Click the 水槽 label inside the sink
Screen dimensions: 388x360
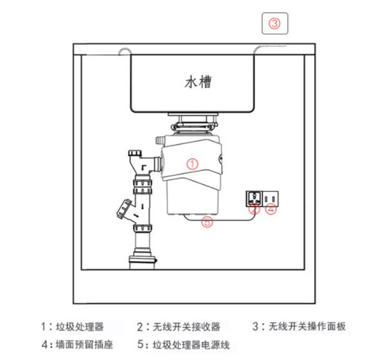pyautogui.click(x=198, y=82)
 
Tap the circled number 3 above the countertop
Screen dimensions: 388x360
pyautogui.click(x=274, y=24)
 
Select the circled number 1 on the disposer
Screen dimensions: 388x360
pyautogui.click(x=193, y=164)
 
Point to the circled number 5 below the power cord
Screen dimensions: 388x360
pyautogui.click(x=207, y=222)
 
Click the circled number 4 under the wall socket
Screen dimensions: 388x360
pyautogui.click(x=271, y=209)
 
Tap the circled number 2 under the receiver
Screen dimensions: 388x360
pyautogui.click(x=254, y=209)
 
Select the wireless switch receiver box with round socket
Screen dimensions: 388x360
pyautogui.click(x=254, y=199)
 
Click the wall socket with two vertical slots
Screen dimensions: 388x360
pyautogui.click(x=270, y=199)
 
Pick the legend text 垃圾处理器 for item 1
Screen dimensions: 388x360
pyautogui.click(x=80, y=327)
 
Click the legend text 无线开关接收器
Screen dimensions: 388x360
pyautogui.click(x=186, y=327)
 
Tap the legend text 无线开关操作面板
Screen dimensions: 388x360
pyautogui.click(x=307, y=326)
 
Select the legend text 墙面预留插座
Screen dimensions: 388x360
pyautogui.click(x=85, y=345)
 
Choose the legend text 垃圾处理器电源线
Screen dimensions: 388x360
pyautogui.click(x=191, y=345)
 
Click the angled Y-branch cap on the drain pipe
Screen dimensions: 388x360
pyautogui.click(x=123, y=208)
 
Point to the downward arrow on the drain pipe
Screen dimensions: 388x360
pyautogui.click(x=143, y=206)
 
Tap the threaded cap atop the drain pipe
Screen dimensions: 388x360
pyautogui.click(x=135, y=153)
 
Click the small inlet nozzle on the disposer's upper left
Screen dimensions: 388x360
pyautogui.click(x=159, y=141)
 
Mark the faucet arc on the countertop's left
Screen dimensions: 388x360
pyautogui.click(x=125, y=51)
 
